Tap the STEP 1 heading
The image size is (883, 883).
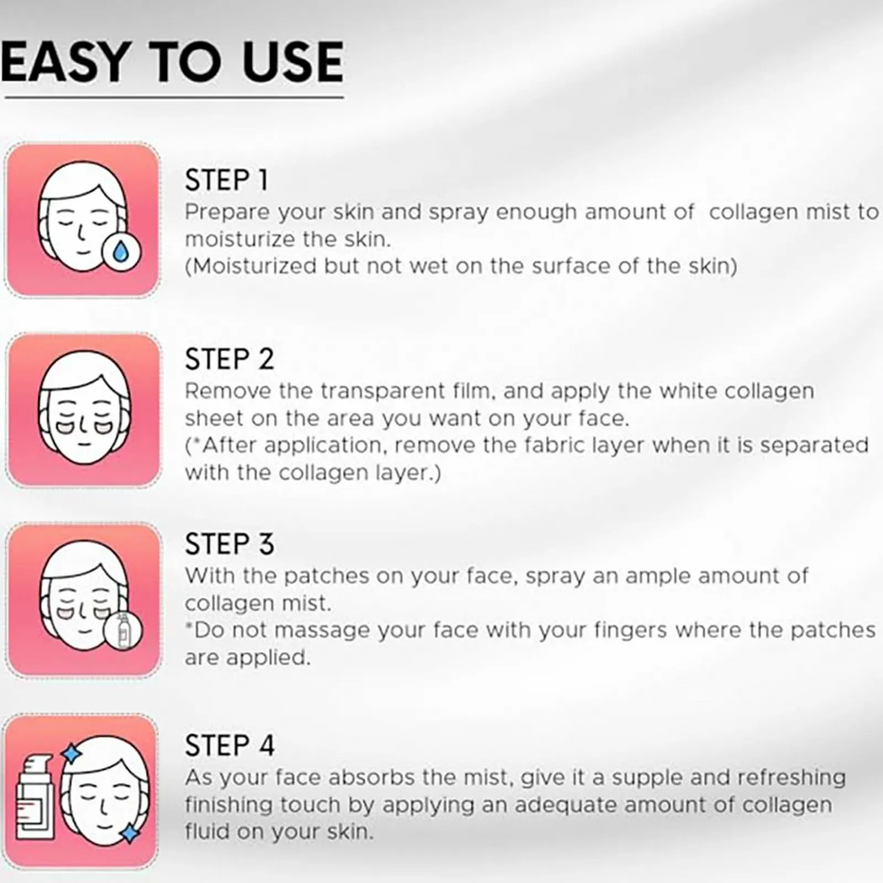(226, 180)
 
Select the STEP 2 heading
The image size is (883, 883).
(229, 359)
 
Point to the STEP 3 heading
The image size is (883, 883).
(229, 544)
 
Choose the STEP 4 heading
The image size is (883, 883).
(230, 746)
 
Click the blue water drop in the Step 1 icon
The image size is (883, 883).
(121, 252)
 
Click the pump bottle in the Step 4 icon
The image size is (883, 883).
(35, 790)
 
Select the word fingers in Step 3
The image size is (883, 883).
(630, 631)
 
